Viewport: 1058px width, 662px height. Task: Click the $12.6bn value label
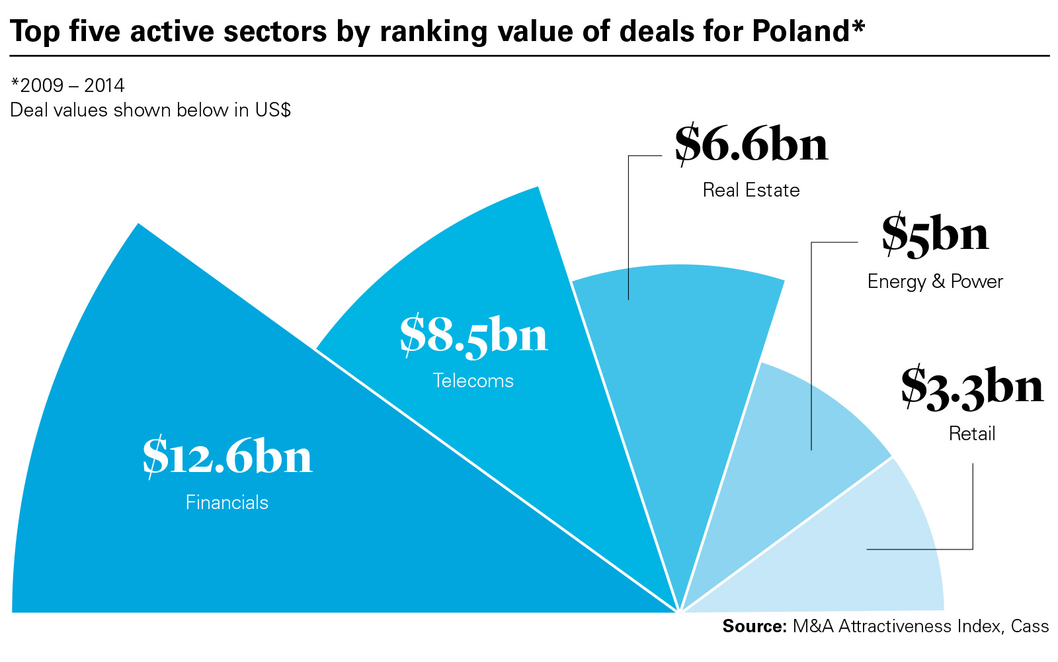tap(227, 457)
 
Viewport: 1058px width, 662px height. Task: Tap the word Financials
tap(227, 502)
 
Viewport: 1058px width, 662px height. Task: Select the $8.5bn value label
tap(473, 336)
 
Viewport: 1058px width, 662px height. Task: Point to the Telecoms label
tap(473, 381)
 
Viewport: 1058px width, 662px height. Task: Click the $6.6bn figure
tap(751, 145)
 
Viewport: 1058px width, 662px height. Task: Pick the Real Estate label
tap(751, 191)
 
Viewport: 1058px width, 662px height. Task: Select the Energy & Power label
tap(935, 282)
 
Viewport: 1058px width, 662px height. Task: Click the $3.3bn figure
tap(972, 387)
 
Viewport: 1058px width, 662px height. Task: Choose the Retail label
tap(972, 434)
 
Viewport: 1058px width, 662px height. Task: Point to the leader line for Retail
tap(973, 510)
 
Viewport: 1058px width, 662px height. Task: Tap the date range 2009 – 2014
tap(73, 85)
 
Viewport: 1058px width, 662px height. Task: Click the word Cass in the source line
tap(1030, 626)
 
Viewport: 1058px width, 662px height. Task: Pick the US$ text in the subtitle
tap(273, 110)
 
